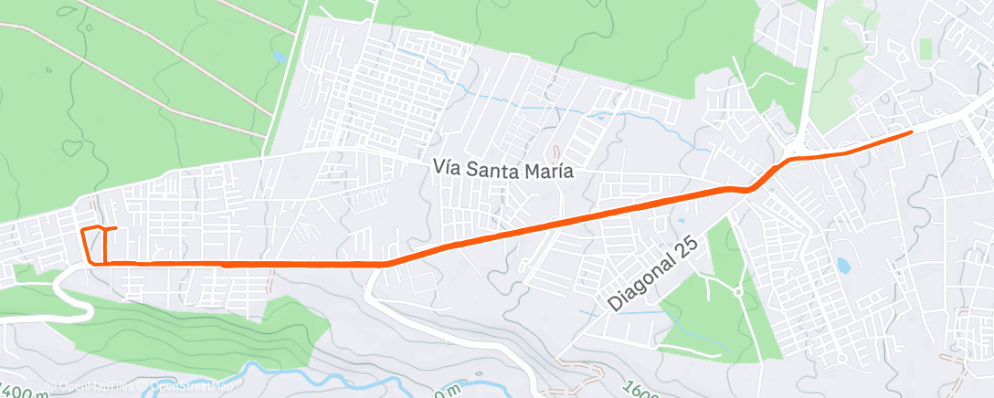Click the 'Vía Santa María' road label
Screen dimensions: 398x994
pos(502,171)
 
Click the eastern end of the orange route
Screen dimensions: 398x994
pos(911,132)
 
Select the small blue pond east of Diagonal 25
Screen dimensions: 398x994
pos(841,266)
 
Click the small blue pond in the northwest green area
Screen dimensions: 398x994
pos(279,57)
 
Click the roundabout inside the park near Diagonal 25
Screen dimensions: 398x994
pos(736,293)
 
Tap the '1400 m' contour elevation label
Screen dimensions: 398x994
pos(24,391)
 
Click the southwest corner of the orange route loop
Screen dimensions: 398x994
pos(90,262)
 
